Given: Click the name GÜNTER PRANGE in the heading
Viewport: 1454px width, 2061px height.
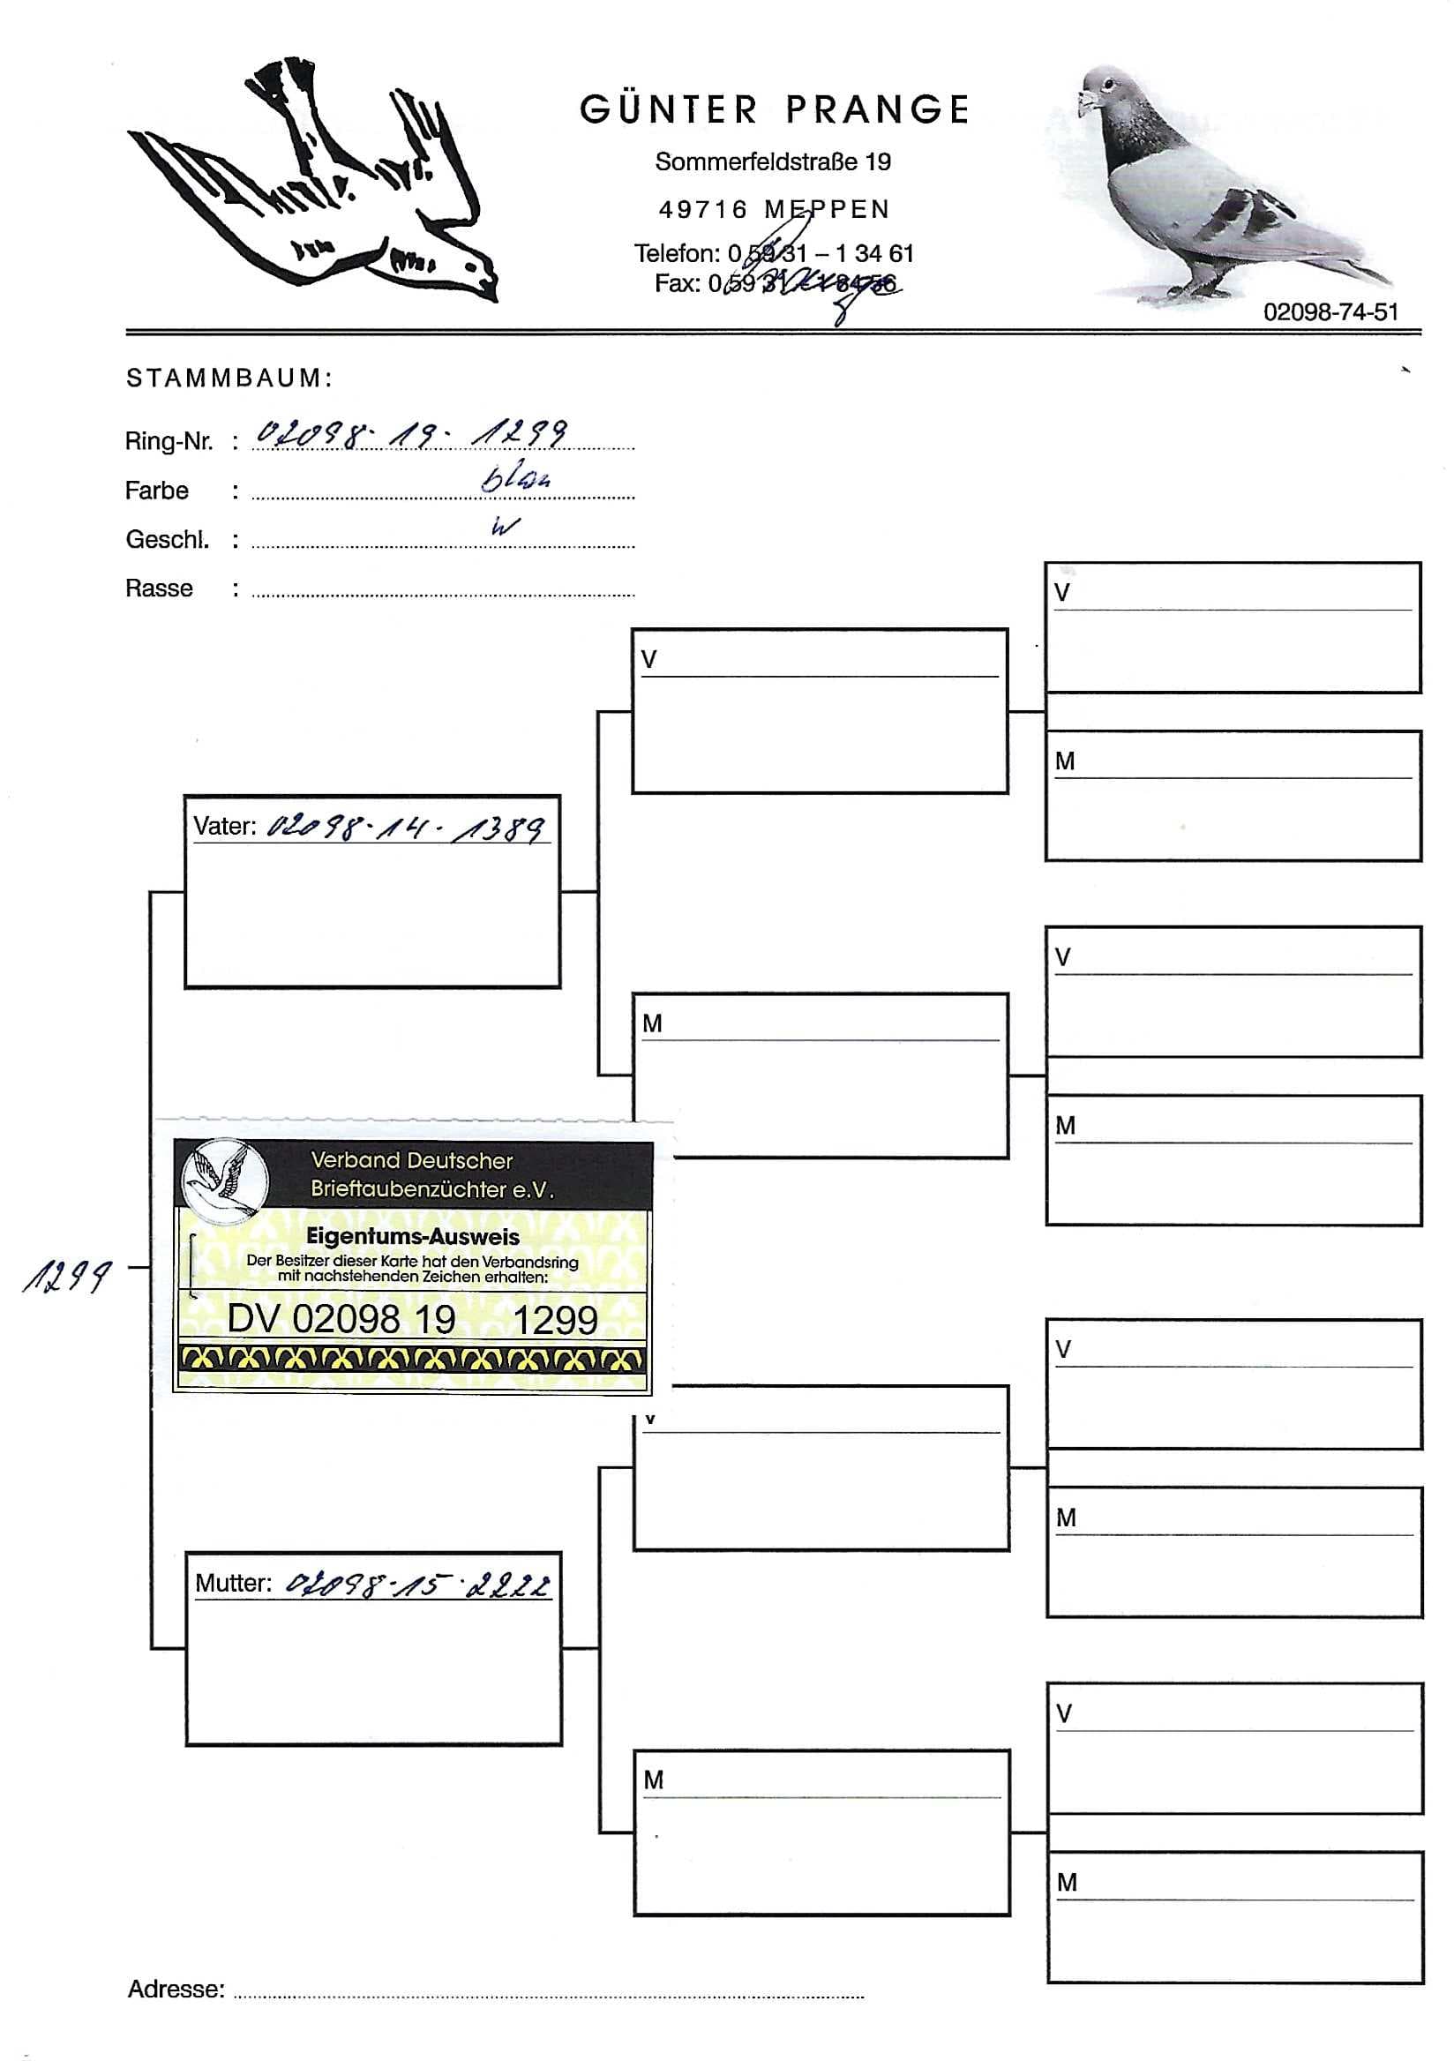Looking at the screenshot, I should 774,109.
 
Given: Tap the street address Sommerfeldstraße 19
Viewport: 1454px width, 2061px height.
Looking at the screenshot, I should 773,161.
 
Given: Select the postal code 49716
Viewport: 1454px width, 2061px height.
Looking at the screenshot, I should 703,209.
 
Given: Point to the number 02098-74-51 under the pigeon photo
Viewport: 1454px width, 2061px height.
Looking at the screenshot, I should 1330,311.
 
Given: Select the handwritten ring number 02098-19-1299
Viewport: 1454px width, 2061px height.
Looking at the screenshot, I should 411,433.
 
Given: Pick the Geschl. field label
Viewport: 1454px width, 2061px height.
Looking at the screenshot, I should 167,539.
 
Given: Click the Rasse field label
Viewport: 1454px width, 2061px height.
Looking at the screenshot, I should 159,588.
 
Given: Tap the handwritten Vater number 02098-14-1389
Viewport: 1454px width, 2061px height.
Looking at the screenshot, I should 406,826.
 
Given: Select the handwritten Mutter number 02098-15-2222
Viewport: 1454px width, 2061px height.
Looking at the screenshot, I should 417,1586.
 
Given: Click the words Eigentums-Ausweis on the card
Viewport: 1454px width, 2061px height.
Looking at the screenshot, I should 412,1236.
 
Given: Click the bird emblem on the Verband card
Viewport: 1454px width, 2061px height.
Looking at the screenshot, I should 223,1179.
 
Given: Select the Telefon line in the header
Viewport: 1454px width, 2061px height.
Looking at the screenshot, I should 773,253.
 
